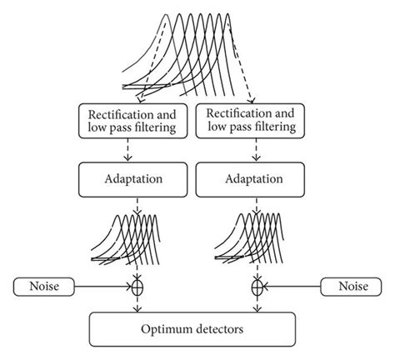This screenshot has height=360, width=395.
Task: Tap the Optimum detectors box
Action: point(192,330)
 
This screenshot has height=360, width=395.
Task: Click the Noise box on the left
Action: point(44,287)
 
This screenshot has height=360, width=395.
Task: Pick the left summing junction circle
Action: point(137,287)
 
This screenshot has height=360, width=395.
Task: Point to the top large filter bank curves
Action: point(192,50)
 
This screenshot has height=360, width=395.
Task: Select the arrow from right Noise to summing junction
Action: point(292,287)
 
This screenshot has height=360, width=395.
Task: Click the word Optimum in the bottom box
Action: point(166,330)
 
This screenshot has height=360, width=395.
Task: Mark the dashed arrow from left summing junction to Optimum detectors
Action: point(137,304)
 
